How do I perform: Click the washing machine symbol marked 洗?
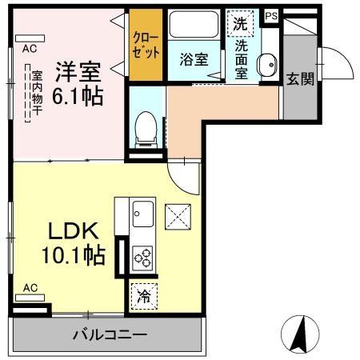[239, 24]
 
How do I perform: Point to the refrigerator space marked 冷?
[143, 297]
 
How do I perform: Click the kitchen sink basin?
[144, 214]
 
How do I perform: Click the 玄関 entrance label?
[300, 78]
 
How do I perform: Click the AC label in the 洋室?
[29, 48]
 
